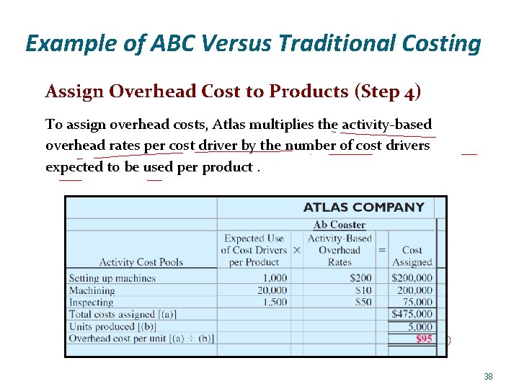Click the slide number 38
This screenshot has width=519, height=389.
pyautogui.click(x=488, y=377)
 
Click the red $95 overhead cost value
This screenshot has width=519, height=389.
pyautogui.click(x=424, y=339)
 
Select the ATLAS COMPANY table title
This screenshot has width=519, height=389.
pyautogui.click(x=363, y=207)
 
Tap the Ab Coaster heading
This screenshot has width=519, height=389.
pyautogui.click(x=339, y=225)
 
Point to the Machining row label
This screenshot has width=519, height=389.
pyautogui.click(x=92, y=290)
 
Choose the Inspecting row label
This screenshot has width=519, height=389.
pyautogui.click(x=91, y=303)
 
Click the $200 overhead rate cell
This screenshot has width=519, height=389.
pyautogui.click(x=360, y=278)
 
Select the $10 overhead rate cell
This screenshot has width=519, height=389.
pyautogui.click(x=363, y=290)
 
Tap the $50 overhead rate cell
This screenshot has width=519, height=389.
pyautogui.click(x=363, y=303)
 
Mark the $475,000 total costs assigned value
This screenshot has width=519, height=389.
pyautogui.click(x=412, y=314)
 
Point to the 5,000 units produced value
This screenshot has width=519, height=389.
pyautogui.click(x=420, y=326)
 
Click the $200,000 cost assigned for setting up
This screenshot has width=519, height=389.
pyautogui.click(x=412, y=278)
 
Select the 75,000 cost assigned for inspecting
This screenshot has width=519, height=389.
pyautogui.click(x=417, y=303)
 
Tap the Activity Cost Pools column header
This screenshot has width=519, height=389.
pyautogui.click(x=141, y=262)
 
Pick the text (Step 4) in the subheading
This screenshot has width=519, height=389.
pyautogui.click(x=388, y=91)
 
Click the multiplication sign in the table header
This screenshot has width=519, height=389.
pyautogui.click(x=297, y=250)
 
